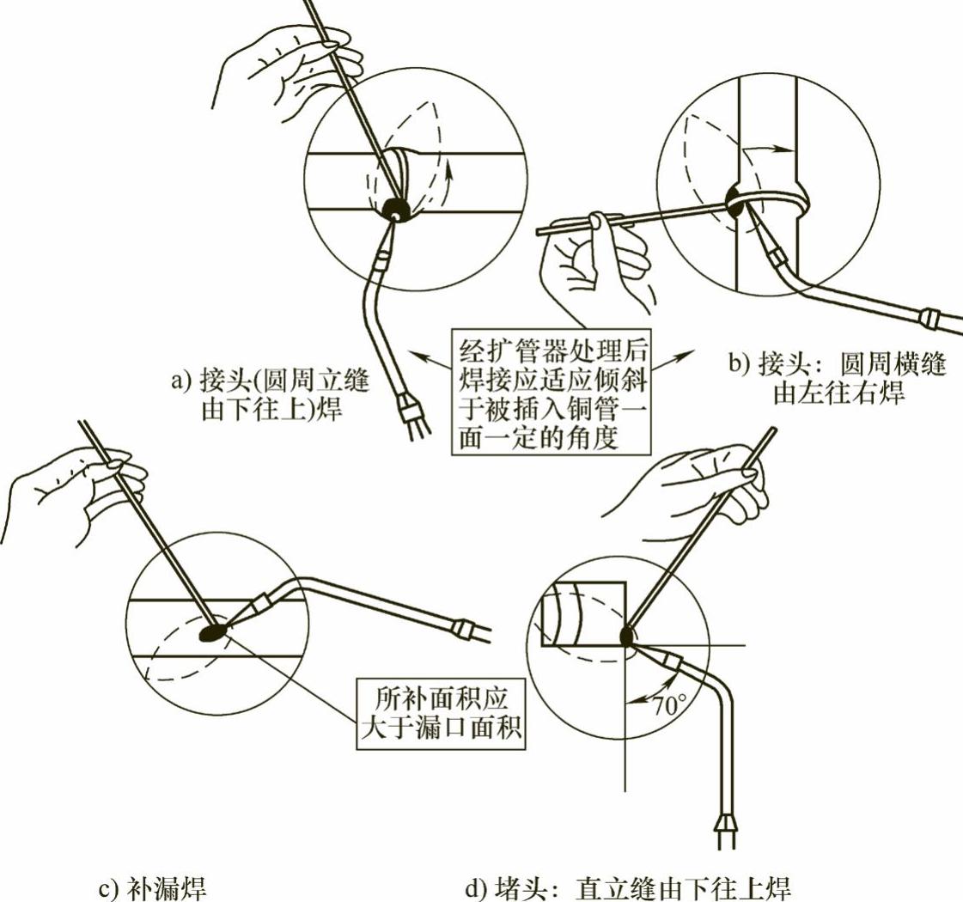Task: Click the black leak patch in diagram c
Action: pos(213,634)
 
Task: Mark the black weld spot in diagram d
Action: pos(626,636)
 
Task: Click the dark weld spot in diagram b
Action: pos(737,202)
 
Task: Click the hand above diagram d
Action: pos(704,490)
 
